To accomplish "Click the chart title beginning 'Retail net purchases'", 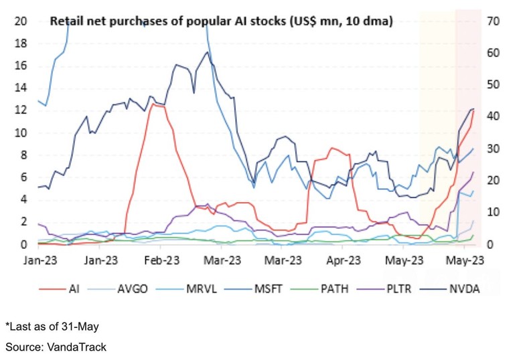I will coord(222,22).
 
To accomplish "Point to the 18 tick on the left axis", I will coord(21,43).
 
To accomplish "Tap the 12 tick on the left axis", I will coord(21,110).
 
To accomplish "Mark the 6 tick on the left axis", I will coord(23,177).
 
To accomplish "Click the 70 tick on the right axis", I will coord(495,21).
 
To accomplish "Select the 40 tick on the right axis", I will coord(495,116).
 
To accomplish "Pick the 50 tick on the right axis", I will coord(495,85).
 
